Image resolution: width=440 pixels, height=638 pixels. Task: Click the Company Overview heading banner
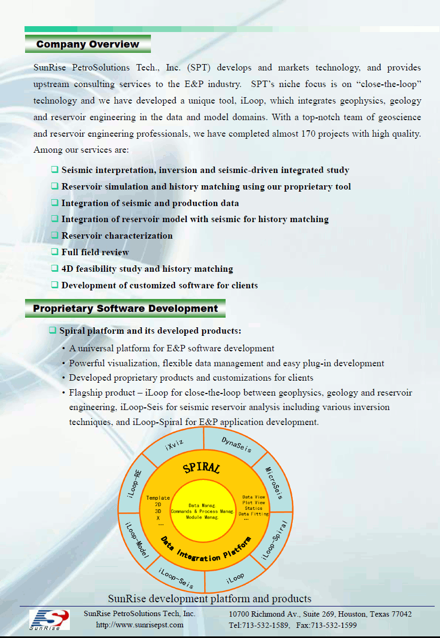point(88,44)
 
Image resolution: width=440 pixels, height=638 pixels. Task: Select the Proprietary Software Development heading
point(125,309)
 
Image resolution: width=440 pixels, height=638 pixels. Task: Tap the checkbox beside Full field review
point(54,252)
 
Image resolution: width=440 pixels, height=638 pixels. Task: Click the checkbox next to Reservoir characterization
point(54,235)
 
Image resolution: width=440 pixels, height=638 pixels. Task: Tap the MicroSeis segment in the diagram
point(274,483)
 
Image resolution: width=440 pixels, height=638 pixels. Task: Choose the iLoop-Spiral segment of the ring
point(274,540)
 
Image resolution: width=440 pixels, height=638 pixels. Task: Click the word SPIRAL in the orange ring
point(201,468)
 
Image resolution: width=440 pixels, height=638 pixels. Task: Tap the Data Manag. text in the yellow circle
point(202,505)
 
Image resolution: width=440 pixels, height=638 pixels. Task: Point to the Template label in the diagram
point(158,498)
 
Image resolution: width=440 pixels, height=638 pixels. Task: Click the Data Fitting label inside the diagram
point(253,514)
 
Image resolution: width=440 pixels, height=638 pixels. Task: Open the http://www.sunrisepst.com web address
point(140,625)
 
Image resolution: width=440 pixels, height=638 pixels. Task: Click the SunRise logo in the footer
point(49,619)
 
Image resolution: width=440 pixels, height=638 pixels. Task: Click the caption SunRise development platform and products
point(210,598)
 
